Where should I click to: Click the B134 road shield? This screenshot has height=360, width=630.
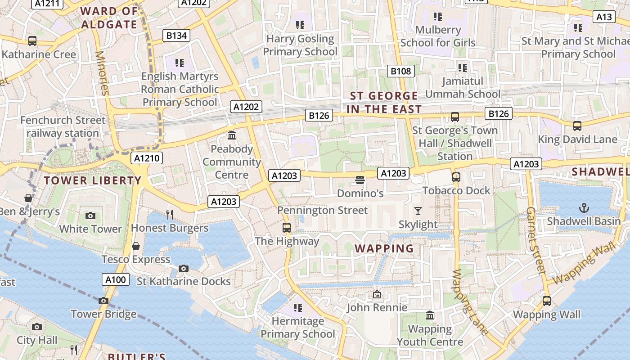click(176, 36)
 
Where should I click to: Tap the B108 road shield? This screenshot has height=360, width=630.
click(400, 71)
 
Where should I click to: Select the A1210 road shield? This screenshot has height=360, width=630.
click(147, 158)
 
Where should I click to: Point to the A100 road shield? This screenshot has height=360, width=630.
click(115, 279)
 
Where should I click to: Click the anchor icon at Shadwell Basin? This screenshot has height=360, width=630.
click(584, 208)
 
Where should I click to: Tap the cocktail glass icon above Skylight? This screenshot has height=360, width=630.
click(418, 211)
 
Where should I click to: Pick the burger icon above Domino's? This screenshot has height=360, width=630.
click(360, 180)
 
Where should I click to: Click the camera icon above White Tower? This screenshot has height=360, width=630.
click(90, 216)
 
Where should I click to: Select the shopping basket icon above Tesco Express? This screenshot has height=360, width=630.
click(135, 246)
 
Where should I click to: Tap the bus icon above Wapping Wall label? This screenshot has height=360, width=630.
click(547, 301)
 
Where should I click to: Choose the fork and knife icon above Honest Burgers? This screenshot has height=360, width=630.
click(170, 215)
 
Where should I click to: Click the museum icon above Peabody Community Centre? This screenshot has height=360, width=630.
click(232, 135)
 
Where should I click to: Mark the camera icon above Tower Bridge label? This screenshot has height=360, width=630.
click(103, 301)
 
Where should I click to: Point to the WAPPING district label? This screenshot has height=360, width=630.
click(384, 248)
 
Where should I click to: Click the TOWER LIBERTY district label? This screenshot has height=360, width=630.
click(93, 180)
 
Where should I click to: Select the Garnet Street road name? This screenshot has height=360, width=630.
click(535, 241)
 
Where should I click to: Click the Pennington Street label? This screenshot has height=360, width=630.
click(322, 210)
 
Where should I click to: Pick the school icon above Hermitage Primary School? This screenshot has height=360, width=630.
click(297, 308)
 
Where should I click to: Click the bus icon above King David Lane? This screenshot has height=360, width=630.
click(577, 126)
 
